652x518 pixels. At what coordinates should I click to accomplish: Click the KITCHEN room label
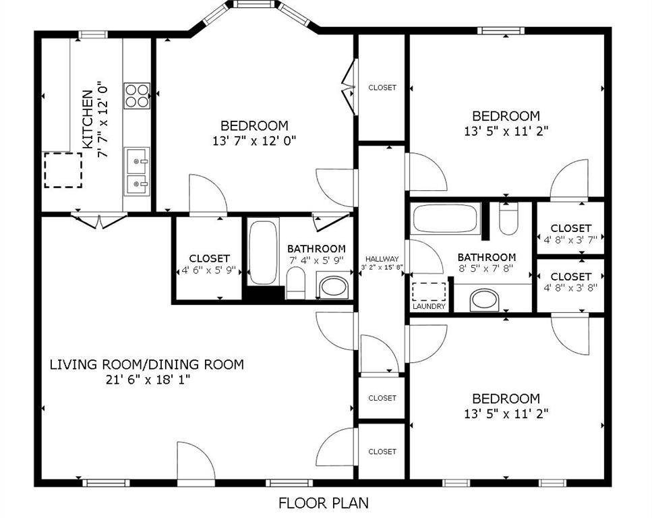(x=88, y=119)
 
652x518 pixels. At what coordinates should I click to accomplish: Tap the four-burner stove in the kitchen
(x=136, y=94)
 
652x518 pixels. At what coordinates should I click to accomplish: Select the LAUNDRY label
(x=429, y=306)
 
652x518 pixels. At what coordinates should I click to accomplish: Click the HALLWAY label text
(x=382, y=259)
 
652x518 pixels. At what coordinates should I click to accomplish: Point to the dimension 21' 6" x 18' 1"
(x=146, y=380)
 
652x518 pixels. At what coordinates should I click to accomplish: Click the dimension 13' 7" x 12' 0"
(x=254, y=140)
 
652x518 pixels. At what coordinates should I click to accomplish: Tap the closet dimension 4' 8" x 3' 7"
(x=570, y=239)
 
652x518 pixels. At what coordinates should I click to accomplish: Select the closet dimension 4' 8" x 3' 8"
(x=570, y=287)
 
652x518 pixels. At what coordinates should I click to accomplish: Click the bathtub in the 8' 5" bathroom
(x=446, y=218)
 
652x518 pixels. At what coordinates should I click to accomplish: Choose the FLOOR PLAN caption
(x=324, y=502)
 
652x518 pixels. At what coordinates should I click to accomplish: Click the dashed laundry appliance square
(x=429, y=291)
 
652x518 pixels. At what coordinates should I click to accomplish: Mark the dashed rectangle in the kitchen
(x=63, y=169)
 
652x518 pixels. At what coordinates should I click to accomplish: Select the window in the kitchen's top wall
(x=93, y=34)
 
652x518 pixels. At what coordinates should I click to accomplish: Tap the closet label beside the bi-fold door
(x=382, y=88)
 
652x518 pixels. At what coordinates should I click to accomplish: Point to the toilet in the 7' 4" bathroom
(x=296, y=282)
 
